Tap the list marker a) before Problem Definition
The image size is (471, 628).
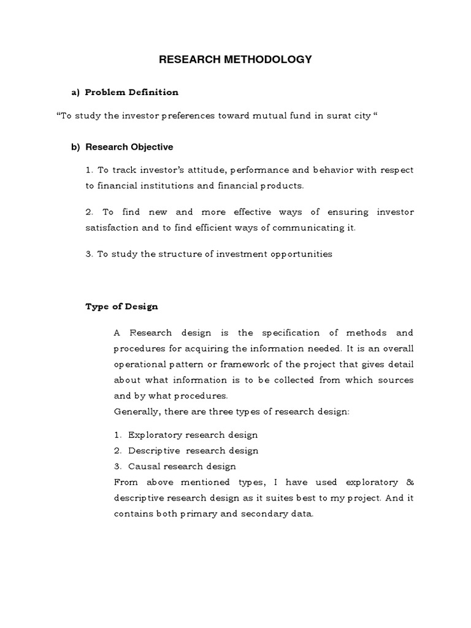point(76,92)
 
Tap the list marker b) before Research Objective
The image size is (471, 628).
point(76,147)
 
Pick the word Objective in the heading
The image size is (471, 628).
point(151,147)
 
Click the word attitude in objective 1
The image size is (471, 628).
point(191,170)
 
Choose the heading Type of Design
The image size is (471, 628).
point(121,306)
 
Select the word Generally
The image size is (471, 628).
point(134,412)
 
